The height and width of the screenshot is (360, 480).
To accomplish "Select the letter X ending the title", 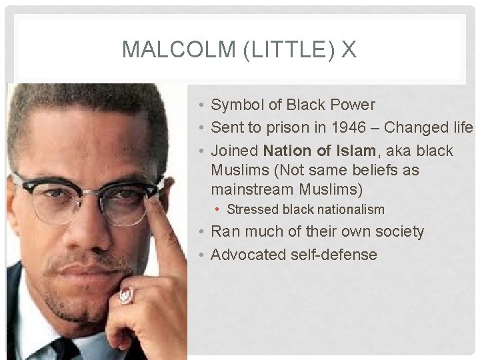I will [349, 50].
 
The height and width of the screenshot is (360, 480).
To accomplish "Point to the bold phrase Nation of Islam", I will [319, 151].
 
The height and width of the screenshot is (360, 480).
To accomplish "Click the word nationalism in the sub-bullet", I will [351, 209].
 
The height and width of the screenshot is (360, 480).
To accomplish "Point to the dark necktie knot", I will [64, 349].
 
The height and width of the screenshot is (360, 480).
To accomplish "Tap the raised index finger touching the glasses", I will [160, 220].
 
